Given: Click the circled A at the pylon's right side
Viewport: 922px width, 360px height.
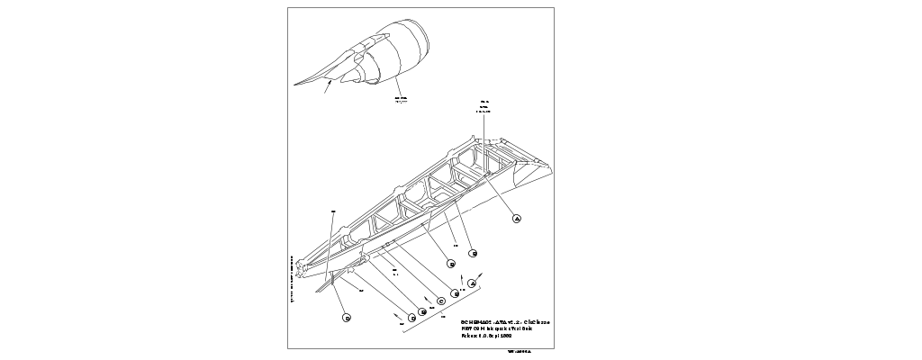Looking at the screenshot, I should pos(517,218).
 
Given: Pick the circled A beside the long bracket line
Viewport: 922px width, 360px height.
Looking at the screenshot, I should pos(472,283).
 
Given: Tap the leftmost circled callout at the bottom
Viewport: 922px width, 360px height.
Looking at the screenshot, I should pos(347,318).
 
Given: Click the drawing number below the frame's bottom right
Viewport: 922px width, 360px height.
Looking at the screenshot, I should pos(520,352).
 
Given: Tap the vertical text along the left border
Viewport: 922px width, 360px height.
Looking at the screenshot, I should pos(292,283).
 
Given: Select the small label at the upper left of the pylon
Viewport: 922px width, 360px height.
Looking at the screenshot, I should pos(333,212).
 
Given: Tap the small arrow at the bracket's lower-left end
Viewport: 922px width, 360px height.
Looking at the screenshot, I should pos(397,317).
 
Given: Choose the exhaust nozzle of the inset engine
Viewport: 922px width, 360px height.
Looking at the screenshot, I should pos(360,67).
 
